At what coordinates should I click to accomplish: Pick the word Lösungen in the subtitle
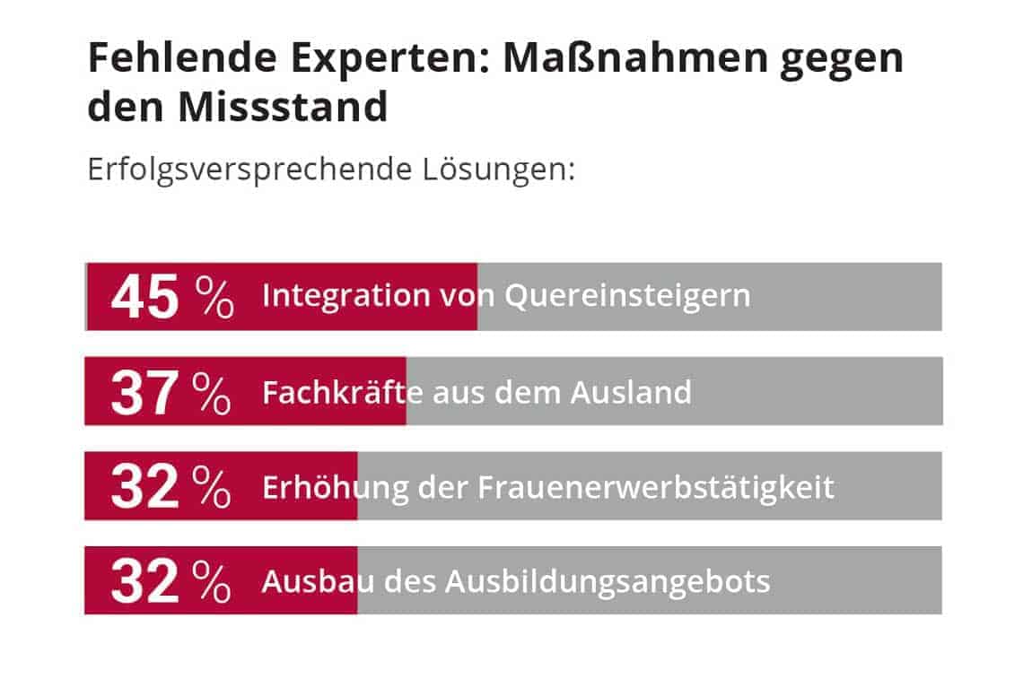click(x=498, y=169)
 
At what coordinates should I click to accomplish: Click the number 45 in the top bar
click(x=144, y=297)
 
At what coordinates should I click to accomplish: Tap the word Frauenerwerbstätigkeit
click(x=656, y=487)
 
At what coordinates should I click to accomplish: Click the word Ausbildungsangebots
click(x=608, y=581)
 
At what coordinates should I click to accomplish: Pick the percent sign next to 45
click(x=215, y=297)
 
